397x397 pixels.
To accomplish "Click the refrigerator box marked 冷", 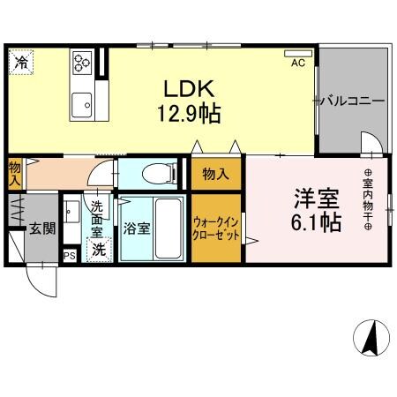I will pyautogui.click(x=20, y=63).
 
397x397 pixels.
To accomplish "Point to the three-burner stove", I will pyautogui.click(x=82, y=60).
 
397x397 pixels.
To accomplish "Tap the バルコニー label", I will pyautogui.click(x=353, y=101).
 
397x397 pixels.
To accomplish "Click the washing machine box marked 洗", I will pyautogui.click(x=100, y=250).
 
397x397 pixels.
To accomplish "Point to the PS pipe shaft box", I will pyautogui.click(x=69, y=257).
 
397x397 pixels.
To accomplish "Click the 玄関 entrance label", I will pyautogui.click(x=41, y=228).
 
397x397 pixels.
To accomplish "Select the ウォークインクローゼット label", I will pyautogui.click(x=214, y=229).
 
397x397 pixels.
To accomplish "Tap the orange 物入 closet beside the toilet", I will pyautogui.click(x=213, y=175).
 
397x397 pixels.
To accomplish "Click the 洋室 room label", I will pyautogui.click(x=316, y=198).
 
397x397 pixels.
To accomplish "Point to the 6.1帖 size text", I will pyautogui.click(x=316, y=222).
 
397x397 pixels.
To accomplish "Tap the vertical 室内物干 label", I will pyautogui.click(x=366, y=199).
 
